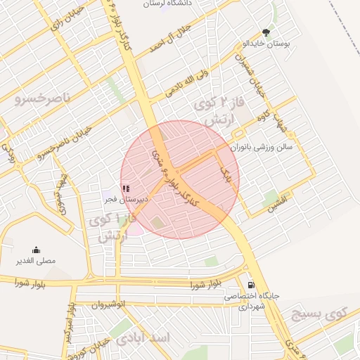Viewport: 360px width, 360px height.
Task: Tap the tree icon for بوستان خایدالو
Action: pos(266,32)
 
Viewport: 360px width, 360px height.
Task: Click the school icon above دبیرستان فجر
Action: pos(126,188)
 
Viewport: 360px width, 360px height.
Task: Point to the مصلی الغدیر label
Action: pos(36,261)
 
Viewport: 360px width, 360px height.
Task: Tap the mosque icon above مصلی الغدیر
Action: pos(36,250)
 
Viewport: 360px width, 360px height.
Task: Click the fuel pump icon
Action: pos(252,285)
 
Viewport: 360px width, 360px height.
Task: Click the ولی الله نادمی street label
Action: pos(187,83)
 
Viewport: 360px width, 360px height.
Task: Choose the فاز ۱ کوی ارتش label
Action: pos(111,229)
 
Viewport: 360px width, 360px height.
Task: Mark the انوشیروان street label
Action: pos(107,305)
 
